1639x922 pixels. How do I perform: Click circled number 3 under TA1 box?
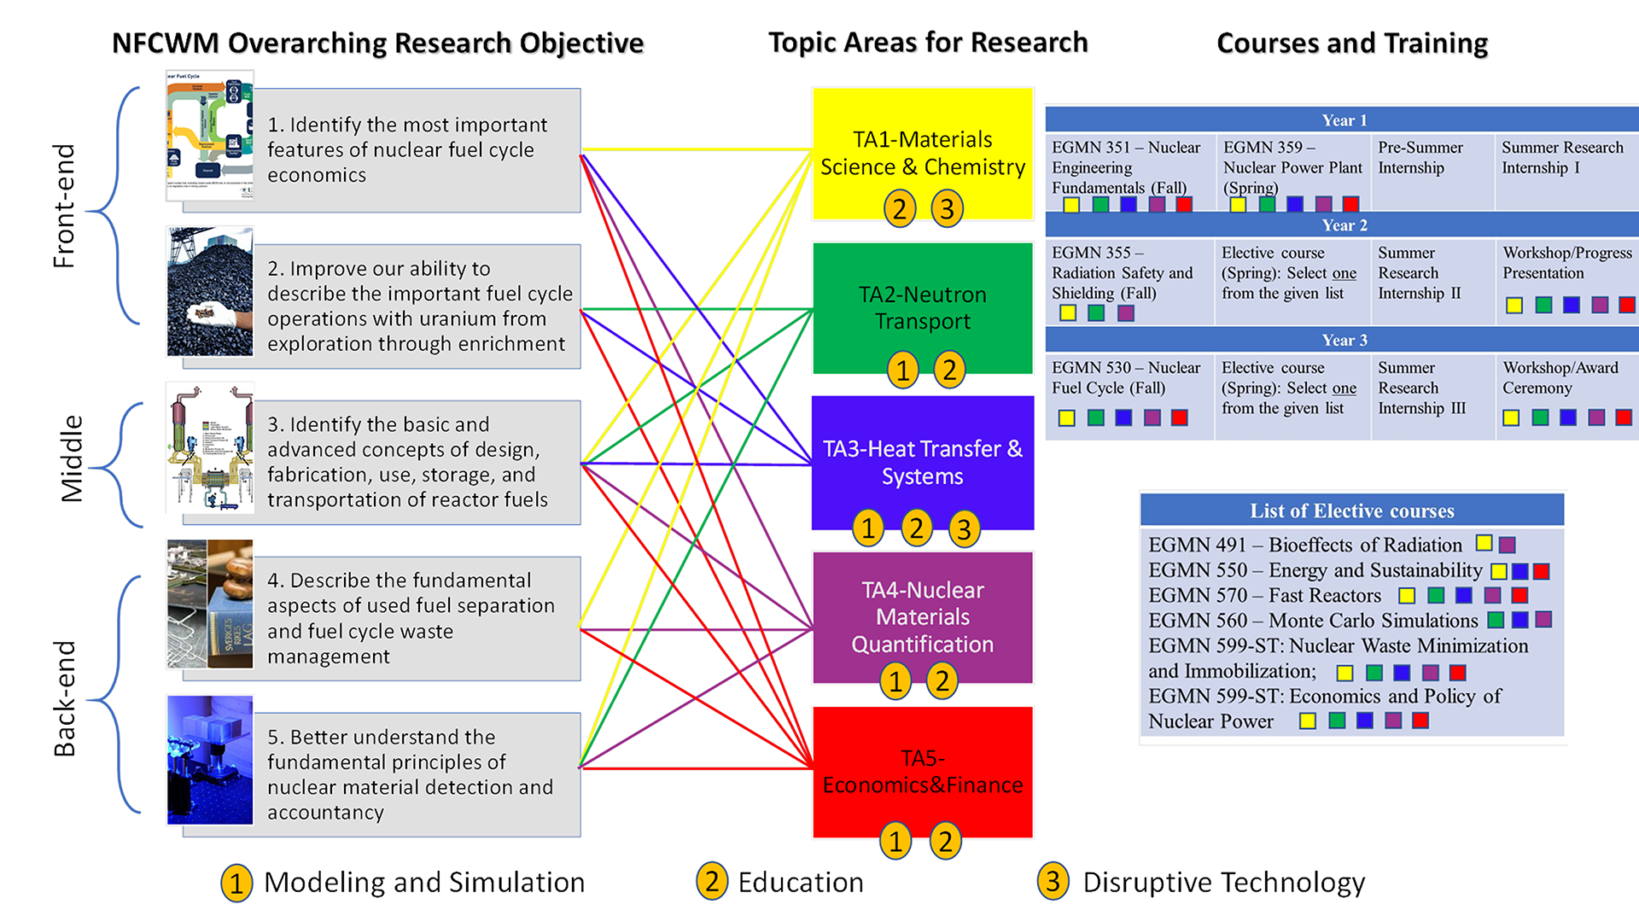(x=947, y=208)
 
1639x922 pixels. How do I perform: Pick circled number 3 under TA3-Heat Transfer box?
(x=964, y=529)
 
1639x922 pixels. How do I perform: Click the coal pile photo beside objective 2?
(x=210, y=291)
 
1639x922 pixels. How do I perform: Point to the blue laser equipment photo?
(x=210, y=760)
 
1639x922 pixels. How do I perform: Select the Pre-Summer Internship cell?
(x=1420, y=158)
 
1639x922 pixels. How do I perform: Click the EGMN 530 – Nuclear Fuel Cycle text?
(x=1125, y=377)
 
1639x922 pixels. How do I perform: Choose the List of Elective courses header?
(x=1351, y=511)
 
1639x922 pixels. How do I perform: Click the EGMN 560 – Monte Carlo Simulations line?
(x=1312, y=621)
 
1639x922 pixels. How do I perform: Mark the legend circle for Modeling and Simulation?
(x=236, y=883)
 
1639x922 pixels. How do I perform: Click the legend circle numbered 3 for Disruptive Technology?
(x=1053, y=881)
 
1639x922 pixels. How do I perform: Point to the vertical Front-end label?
(x=65, y=206)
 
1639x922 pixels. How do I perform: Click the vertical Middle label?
(x=72, y=458)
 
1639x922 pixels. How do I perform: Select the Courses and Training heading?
(x=1351, y=43)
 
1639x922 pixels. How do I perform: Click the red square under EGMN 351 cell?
(x=1184, y=204)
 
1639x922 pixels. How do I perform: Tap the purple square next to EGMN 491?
(x=1508, y=545)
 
